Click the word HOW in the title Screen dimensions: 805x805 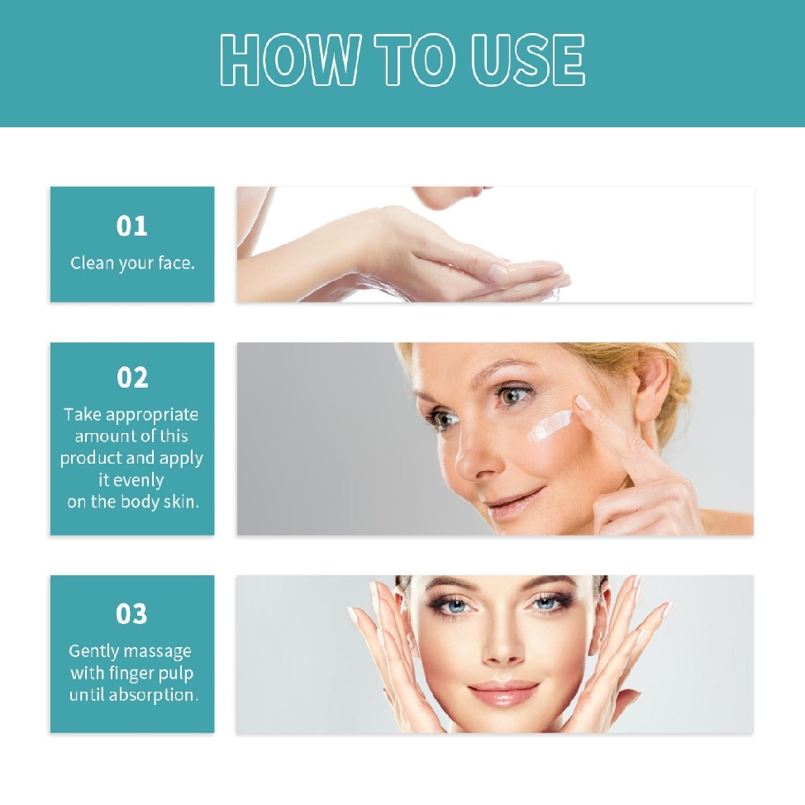[x=290, y=61]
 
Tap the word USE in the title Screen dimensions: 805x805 [x=528, y=61]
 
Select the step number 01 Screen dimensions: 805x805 [x=132, y=226]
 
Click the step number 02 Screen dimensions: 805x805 [x=132, y=378]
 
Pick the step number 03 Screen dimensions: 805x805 [x=132, y=614]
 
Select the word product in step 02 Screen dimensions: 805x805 [x=89, y=458]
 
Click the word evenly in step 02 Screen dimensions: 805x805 [x=139, y=479]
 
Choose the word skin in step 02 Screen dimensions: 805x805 [x=181, y=501]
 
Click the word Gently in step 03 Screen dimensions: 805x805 [x=95, y=651]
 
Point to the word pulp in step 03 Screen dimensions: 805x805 [x=176, y=673]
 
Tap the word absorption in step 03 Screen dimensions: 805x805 [x=153, y=694]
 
